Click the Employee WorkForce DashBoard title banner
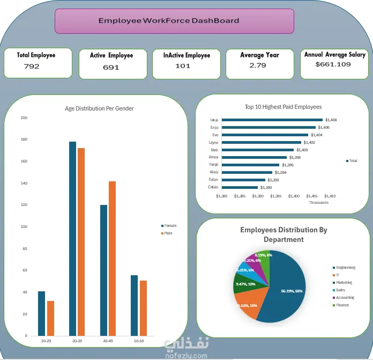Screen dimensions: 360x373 click(174, 21)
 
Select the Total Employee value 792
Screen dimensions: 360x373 click(32, 66)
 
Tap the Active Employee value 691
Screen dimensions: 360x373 click(111, 67)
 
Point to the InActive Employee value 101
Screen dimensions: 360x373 click(183, 66)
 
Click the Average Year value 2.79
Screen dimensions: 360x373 click(258, 65)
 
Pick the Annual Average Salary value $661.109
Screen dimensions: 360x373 click(333, 64)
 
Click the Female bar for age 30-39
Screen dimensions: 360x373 click(72, 238)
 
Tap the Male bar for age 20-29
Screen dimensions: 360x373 click(50, 318)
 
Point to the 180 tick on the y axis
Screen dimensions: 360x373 click(24, 139)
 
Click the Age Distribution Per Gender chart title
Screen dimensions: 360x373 click(99, 108)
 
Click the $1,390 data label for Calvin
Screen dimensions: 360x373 click(266, 187)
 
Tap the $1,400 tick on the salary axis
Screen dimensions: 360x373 click(294, 196)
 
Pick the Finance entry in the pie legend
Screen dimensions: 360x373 click(342, 305)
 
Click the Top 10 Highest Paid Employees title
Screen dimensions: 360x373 click(283, 107)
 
